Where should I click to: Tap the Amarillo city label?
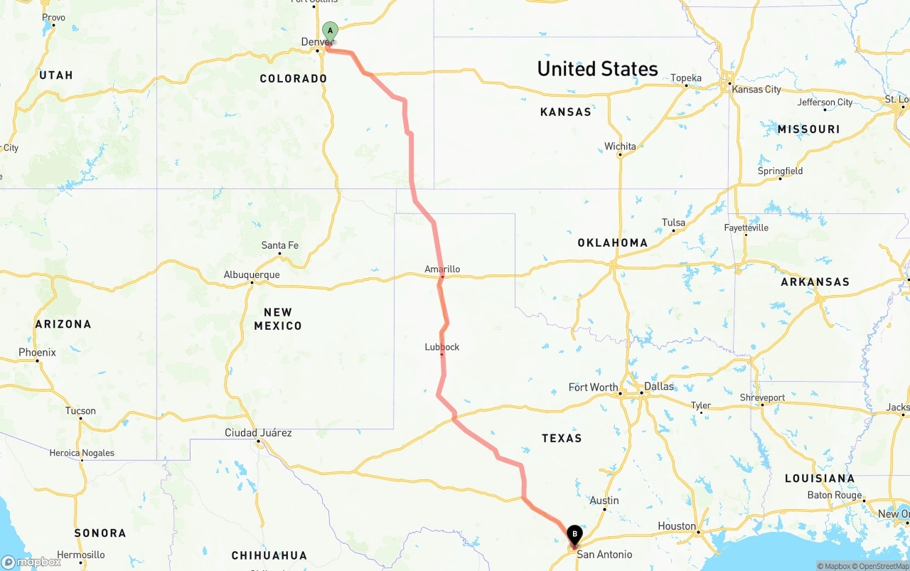point(442,270)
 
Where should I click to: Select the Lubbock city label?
point(442,347)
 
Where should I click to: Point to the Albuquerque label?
point(252,275)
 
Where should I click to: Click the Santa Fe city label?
point(280,245)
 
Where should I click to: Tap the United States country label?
point(598,69)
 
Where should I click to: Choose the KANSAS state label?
point(566,112)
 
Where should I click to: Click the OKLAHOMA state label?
point(613,242)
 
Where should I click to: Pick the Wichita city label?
point(621,146)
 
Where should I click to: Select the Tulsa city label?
point(674,223)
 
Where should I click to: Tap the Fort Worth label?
point(594,388)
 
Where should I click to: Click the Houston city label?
point(677,526)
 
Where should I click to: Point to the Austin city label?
point(604,501)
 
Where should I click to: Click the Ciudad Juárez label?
point(258,433)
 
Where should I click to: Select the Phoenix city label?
point(37,353)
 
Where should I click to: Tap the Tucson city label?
point(80,411)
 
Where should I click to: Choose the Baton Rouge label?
point(835,495)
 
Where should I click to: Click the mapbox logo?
point(31,562)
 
